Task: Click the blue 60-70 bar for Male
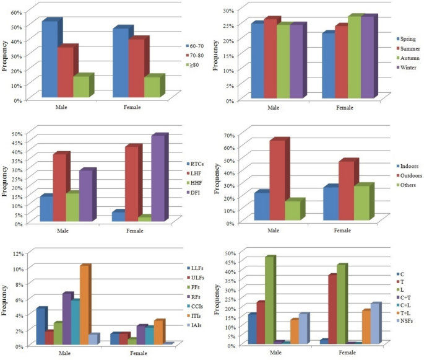(50, 59)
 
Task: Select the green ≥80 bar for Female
(152, 87)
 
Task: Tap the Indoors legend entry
(405, 166)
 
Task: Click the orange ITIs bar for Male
(84, 304)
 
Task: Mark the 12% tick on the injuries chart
(15, 253)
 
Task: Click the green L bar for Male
(269, 300)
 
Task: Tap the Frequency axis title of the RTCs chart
(5, 178)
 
